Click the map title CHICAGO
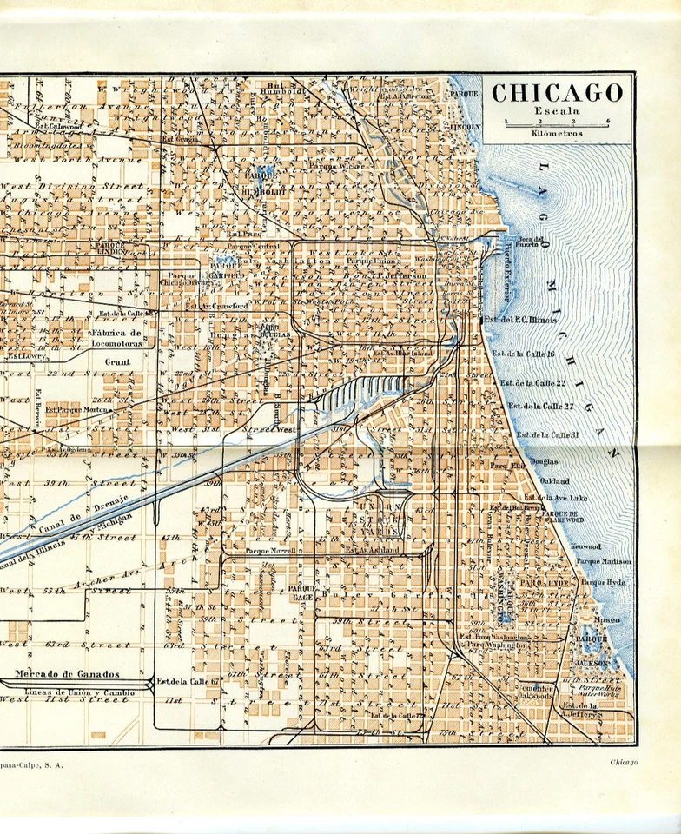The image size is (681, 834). pyautogui.click(x=558, y=92)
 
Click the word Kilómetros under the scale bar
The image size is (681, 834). pyautogui.click(x=558, y=134)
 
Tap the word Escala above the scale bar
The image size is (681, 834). pyautogui.click(x=557, y=111)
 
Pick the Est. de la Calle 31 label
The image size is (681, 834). pyautogui.click(x=546, y=434)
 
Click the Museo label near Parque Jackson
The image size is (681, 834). pyautogui.click(x=606, y=619)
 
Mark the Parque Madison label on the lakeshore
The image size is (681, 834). pyautogui.click(x=603, y=561)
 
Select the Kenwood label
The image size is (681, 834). pyautogui.click(x=587, y=546)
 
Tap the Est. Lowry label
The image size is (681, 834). pyautogui.click(x=26, y=356)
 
